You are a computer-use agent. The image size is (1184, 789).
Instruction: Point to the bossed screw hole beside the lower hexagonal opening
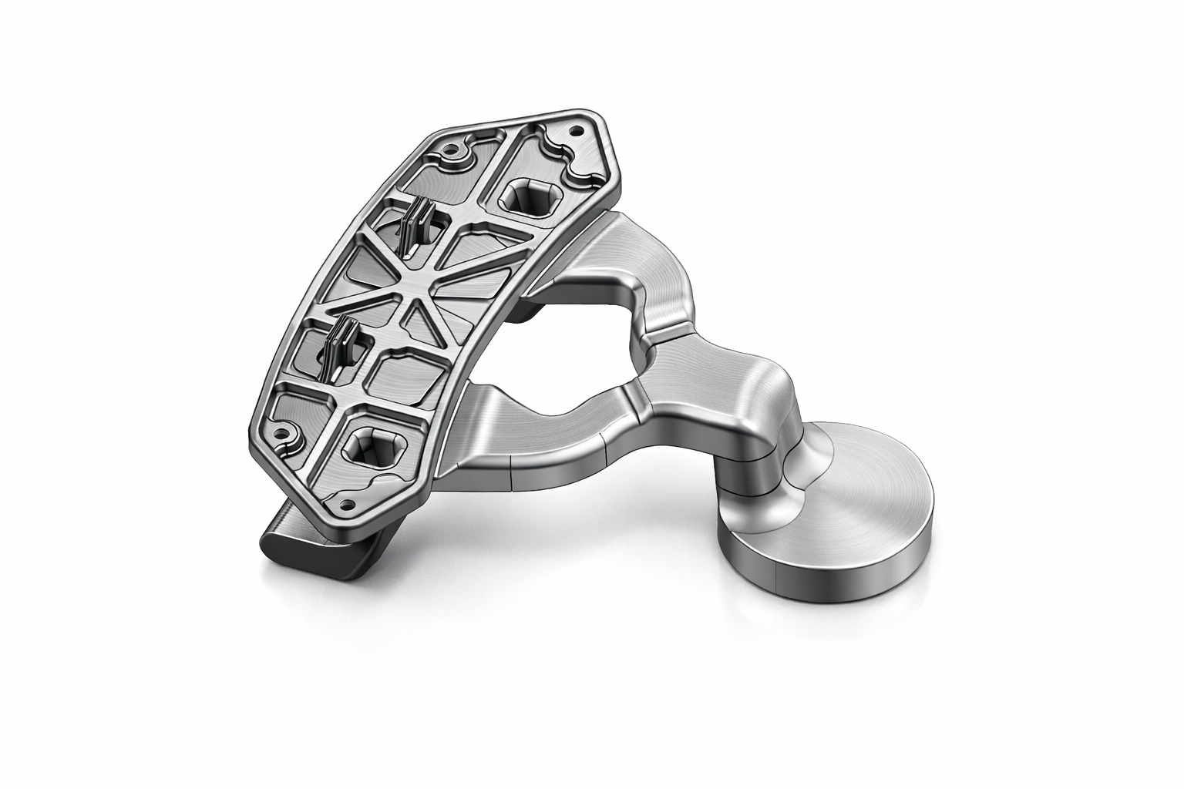click(x=288, y=435)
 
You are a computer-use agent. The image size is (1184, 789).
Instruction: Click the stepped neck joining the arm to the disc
click(x=763, y=447)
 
